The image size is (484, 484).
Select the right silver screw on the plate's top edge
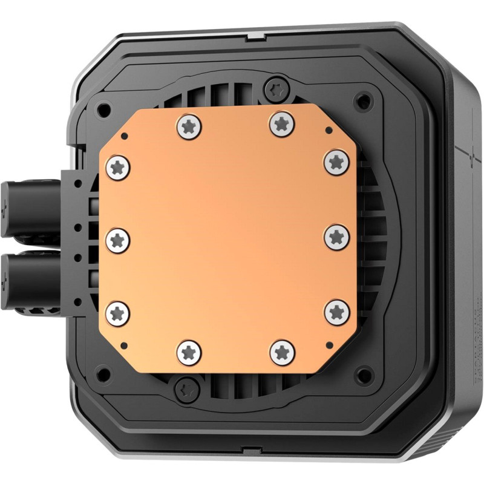(280, 124)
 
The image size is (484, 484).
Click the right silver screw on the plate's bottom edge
(282, 352)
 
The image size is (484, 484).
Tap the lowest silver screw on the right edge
(336, 312)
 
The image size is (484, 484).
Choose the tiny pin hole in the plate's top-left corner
(124, 135)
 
